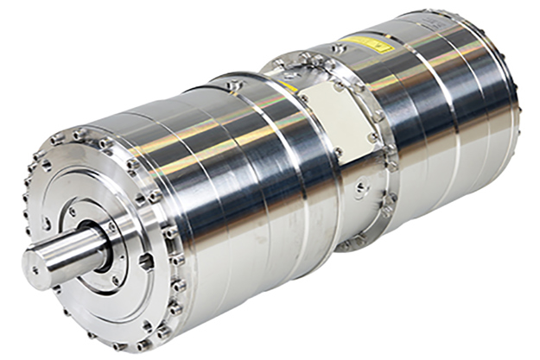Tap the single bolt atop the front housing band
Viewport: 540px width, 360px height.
coord(233,85)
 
